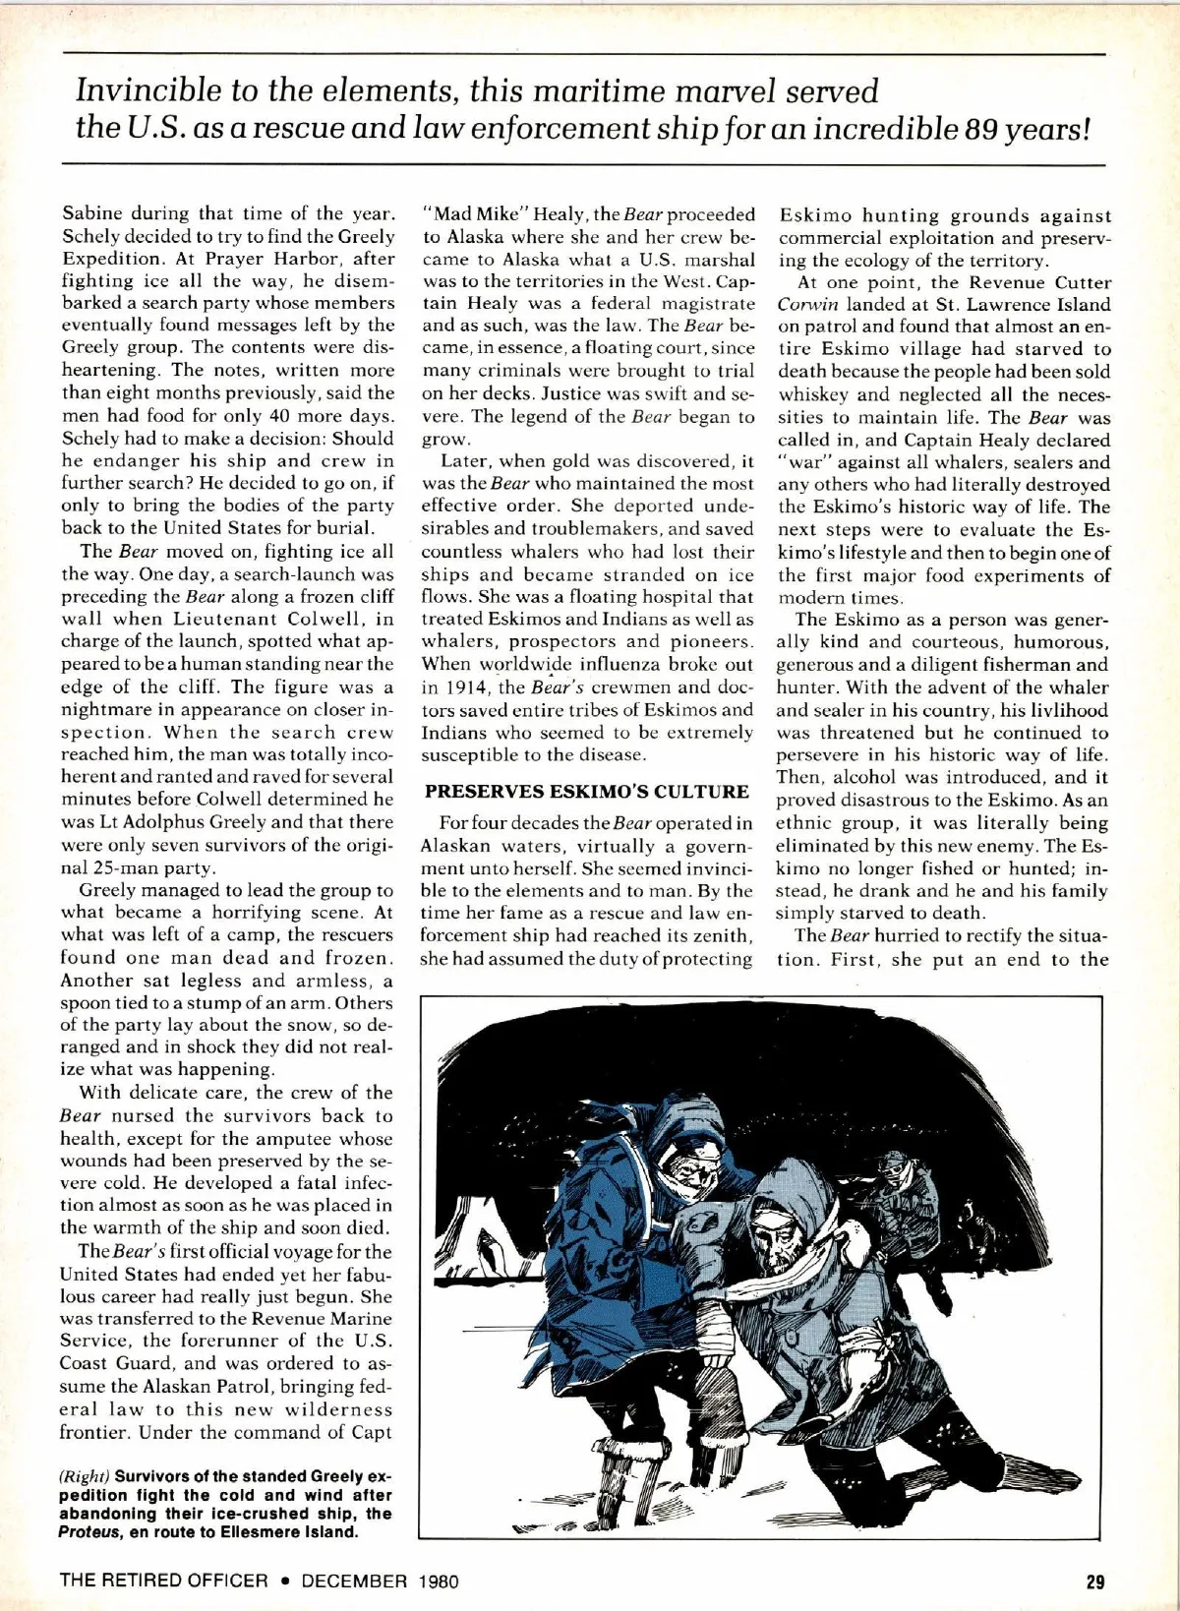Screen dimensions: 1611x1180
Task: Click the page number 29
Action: tap(1094, 1581)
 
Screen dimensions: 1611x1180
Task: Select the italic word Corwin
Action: tap(807, 305)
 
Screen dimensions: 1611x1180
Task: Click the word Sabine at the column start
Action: tap(93, 213)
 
